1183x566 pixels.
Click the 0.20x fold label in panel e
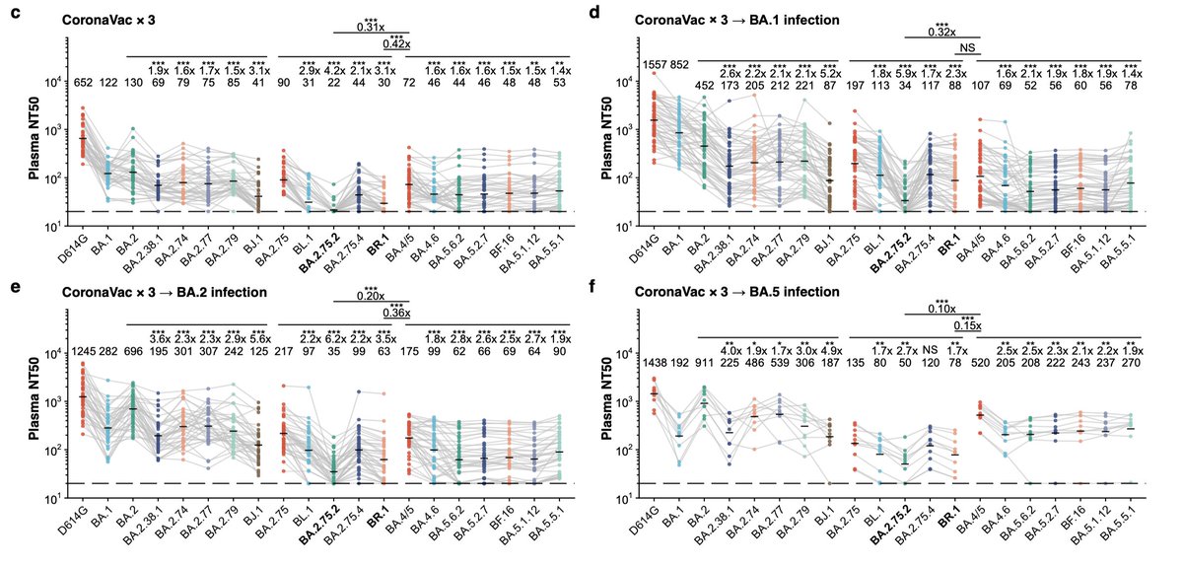371,296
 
